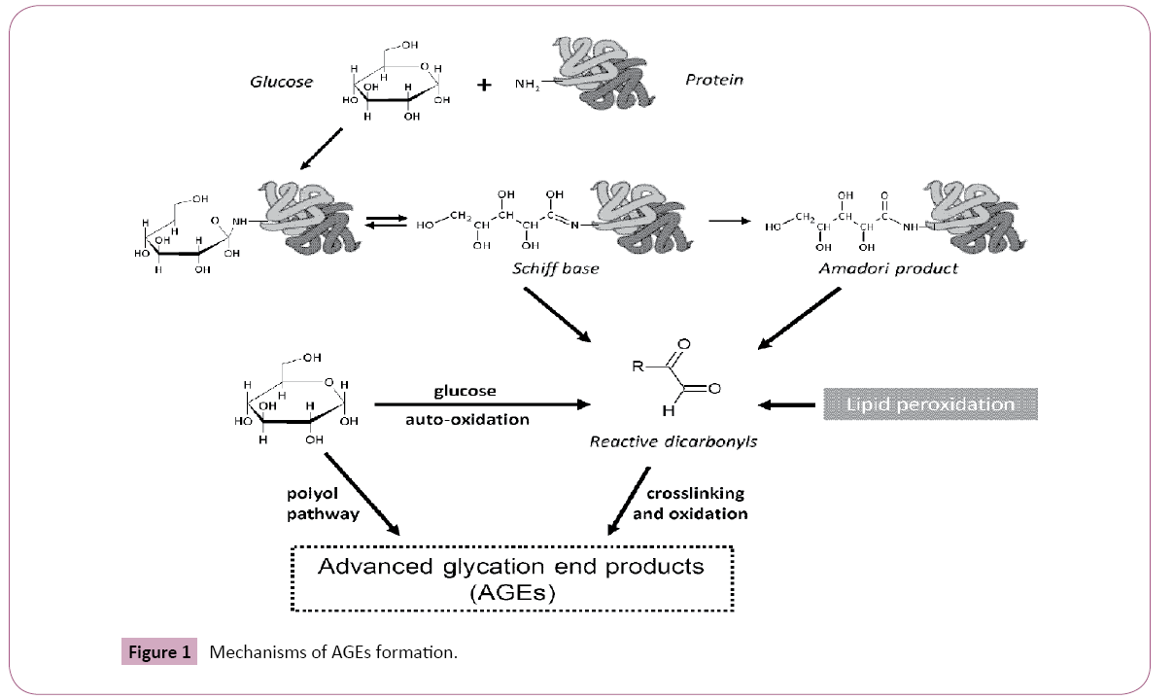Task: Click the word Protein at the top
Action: (x=713, y=80)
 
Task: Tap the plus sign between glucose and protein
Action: (x=483, y=86)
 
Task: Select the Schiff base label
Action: (x=555, y=268)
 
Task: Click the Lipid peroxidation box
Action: (x=930, y=403)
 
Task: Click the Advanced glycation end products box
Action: (x=511, y=578)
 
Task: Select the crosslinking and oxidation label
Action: (x=690, y=504)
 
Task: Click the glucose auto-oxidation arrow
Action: (x=482, y=404)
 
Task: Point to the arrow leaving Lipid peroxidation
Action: (x=788, y=404)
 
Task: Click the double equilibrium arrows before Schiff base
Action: (x=384, y=224)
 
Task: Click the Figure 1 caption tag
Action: (x=159, y=652)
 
